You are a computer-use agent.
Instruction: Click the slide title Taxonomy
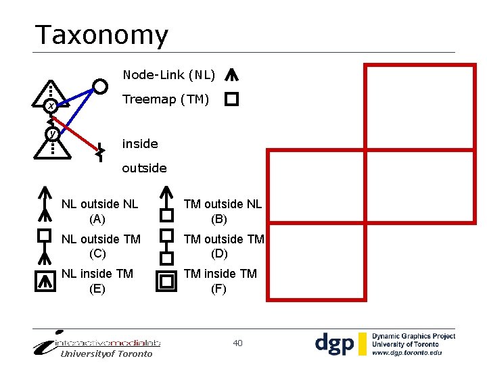tap(101, 35)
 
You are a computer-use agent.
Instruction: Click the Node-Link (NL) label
tap(168, 74)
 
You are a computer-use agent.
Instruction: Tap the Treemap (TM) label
tap(166, 100)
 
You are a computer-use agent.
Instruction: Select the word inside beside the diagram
tap(139, 144)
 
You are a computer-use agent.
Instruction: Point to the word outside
tap(144, 168)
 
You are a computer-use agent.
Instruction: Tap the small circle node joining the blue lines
tap(100, 87)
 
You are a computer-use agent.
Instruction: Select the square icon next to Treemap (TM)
tap(231, 100)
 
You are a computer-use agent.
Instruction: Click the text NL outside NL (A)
tap(99, 211)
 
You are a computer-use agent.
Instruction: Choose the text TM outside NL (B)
tap(223, 211)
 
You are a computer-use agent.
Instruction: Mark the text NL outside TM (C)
tap(101, 246)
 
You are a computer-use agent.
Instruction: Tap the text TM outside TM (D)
tap(224, 246)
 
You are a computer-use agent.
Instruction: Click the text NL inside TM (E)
tap(97, 281)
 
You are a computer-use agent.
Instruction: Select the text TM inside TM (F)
tap(221, 281)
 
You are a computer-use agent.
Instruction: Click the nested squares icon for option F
tap(166, 281)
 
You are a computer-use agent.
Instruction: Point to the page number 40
tap(237, 343)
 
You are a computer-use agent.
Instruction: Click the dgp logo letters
tap(334, 344)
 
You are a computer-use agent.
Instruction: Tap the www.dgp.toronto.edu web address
tap(407, 352)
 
